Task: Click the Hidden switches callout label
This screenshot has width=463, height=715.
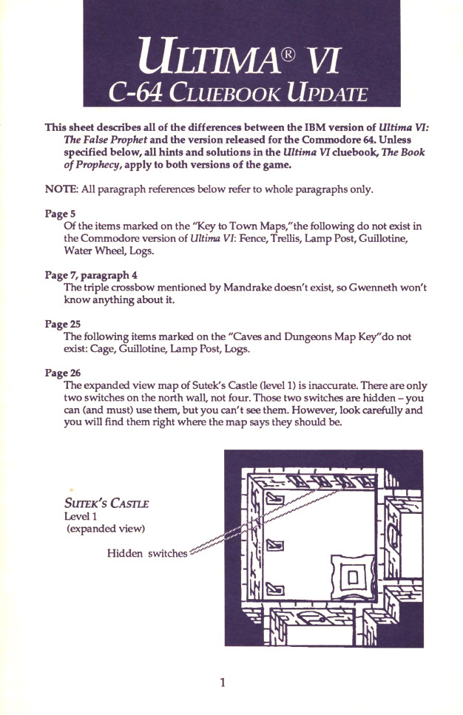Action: point(147,553)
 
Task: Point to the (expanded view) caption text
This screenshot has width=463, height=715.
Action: point(105,529)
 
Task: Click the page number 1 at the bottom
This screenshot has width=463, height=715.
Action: point(222,682)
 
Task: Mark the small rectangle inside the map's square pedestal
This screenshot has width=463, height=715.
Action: point(352,577)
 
